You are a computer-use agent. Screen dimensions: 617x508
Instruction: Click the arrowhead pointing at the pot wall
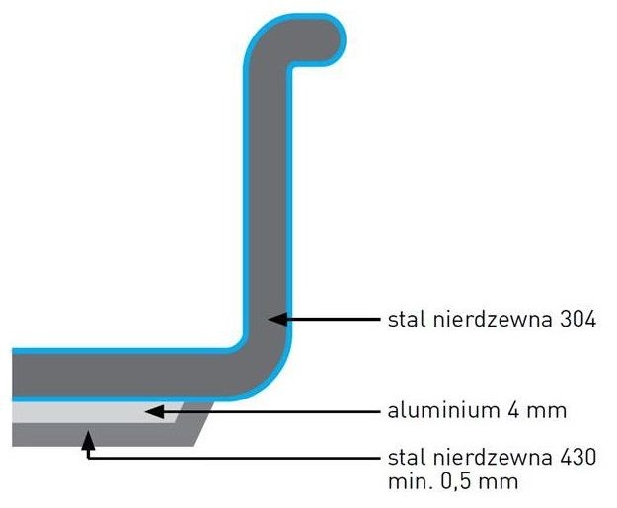277,320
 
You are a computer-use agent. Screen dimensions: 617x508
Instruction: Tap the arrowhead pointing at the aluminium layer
151,410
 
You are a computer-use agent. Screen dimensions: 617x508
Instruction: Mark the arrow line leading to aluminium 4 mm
267,410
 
